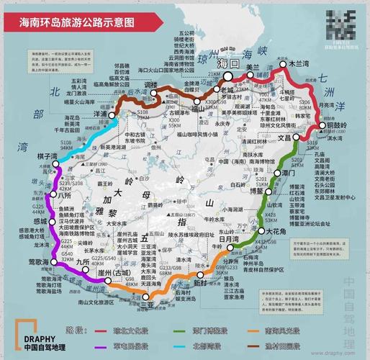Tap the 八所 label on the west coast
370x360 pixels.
coord(45,195)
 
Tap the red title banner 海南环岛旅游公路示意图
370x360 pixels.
coord(77,21)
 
